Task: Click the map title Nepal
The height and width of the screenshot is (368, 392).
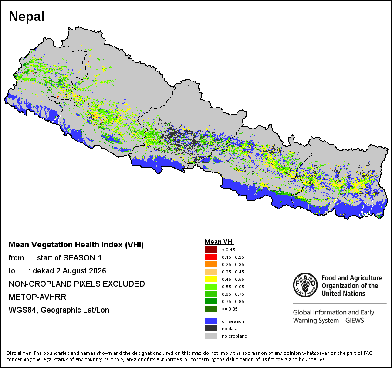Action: (27, 17)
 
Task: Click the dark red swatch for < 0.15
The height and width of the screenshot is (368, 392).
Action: (211, 250)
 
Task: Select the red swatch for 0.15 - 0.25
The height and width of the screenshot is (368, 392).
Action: (211, 257)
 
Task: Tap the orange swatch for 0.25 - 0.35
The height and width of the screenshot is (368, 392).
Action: (211, 264)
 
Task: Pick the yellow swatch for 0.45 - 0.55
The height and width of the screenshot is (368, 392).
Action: (211, 279)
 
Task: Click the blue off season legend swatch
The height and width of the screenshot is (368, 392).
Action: (211, 321)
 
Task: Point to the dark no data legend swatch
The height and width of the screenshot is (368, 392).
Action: (211, 328)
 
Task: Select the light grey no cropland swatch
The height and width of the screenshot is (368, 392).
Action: (211, 336)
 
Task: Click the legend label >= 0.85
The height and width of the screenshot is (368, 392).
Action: (230, 309)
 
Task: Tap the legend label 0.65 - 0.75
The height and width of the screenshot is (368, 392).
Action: (233, 294)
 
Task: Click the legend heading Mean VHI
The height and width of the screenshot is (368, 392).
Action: (219, 242)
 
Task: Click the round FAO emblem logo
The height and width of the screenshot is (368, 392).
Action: (305, 285)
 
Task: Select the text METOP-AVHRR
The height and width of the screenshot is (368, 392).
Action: (37, 297)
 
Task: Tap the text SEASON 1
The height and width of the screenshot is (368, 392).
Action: (82, 258)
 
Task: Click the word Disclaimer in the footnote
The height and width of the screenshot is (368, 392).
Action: (19, 353)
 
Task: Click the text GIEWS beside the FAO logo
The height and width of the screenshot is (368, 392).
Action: (355, 321)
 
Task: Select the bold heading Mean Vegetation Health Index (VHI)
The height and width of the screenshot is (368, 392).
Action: (76, 245)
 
